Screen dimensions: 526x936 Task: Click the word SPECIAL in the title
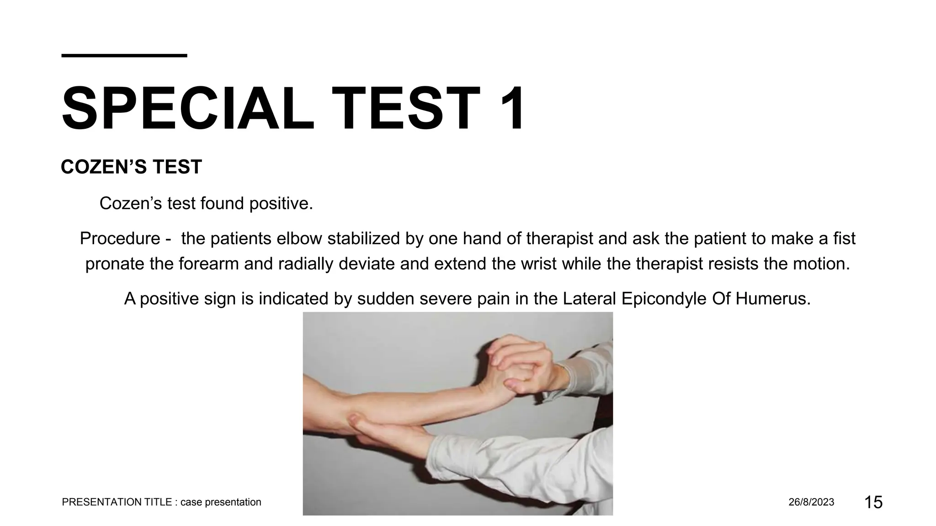[x=187, y=110]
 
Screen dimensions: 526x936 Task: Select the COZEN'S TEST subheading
[x=131, y=167]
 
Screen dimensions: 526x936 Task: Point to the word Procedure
[x=120, y=239]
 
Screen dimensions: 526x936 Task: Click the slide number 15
[x=873, y=502]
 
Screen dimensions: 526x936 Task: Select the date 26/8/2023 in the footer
[x=811, y=502]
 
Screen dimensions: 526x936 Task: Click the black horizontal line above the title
[x=124, y=56]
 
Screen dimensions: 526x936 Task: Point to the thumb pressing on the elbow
[x=354, y=419]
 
